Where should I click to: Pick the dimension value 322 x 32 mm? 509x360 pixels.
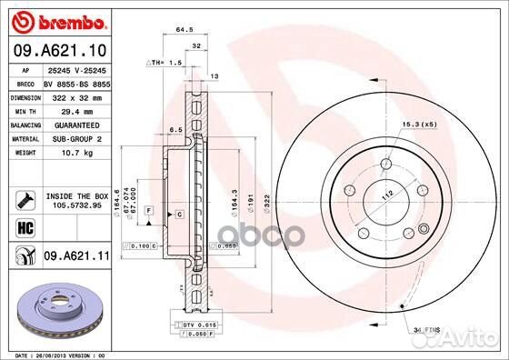pyautogui.click(x=73, y=95)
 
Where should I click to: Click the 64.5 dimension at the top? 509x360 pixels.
pyautogui.click(x=185, y=30)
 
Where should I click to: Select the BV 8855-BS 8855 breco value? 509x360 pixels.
pyautogui.click(x=76, y=82)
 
